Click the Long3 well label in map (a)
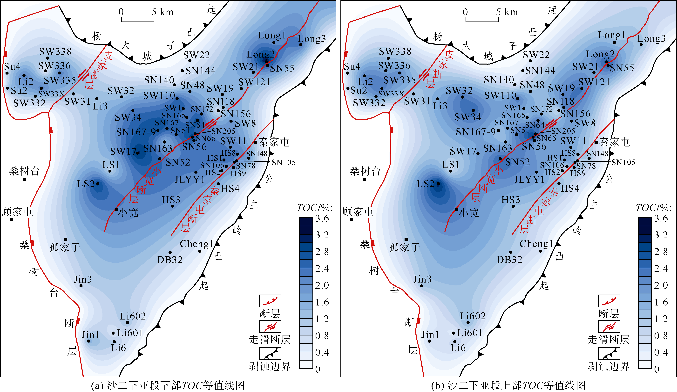pyautogui.click(x=312, y=39)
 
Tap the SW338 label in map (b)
pyautogui.click(x=395, y=51)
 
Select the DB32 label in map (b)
pyautogui.click(x=509, y=260)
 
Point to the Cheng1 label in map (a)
pyautogui.click(x=196, y=244)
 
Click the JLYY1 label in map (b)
pyautogui.click(x=529, y=179)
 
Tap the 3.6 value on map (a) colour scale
pyautogui.click(x=322, y=218)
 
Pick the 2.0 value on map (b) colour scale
pyautogui.click(x=661, y=285)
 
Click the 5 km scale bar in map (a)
pyautogui.click(x=138, y=19)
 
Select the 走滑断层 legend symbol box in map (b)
pyautogui.click(x=609, y=326)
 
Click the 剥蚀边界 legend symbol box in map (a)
pyautogui.click(x=270, y=353)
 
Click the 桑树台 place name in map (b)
pyautogui.click(x=365, y=171)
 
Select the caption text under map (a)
pyautogui.click(x=168, y=385)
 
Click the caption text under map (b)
pyautogui.click(x=508, y=385)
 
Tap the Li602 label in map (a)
pyautogui.click(x=133, y=316)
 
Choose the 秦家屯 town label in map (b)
pyautogui.click(x=614, y=142)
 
